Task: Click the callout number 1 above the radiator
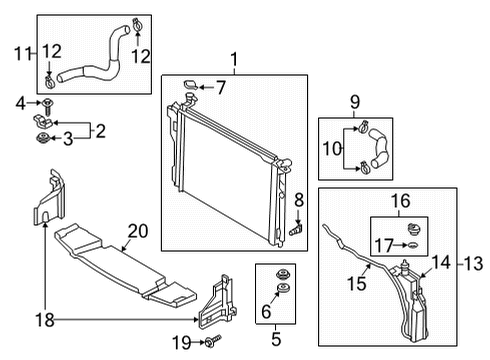(234, 60)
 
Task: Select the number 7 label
(221, 87)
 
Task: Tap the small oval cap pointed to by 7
(191, 85)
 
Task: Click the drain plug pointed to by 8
(296, 230)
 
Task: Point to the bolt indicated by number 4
(48, 106)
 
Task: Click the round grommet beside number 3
(43, 138)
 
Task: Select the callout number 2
(101, 131)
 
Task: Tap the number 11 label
(22, 53)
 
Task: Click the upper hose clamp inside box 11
(137, 25)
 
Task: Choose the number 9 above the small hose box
(355, 102)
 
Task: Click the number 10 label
(332, 149)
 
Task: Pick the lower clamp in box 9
(364, 167)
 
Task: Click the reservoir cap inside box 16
(414, 229)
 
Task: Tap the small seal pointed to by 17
(413, 246)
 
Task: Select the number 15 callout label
(357, 284)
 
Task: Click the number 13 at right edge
(473, 264)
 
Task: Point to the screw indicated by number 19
(213, 340)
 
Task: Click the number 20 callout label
(138, 231)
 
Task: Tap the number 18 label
(45, 320)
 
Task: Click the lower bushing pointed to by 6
(284, 288)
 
